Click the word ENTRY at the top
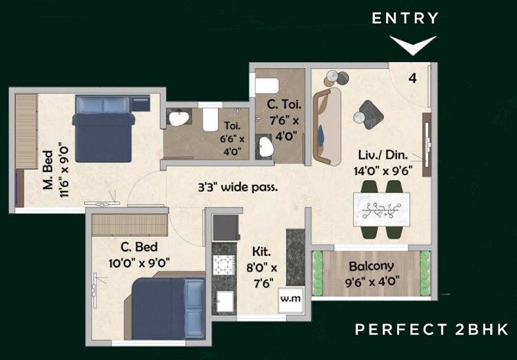click(405, 19)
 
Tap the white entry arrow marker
click(413, 46)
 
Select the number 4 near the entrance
click(412, 78)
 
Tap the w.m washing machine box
click(289, 299)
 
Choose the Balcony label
click(371, 266)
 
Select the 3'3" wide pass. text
click(238, 186)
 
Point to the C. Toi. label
click(282, 106)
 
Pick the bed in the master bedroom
click(103, 129)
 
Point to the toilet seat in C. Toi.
click(265, 85)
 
